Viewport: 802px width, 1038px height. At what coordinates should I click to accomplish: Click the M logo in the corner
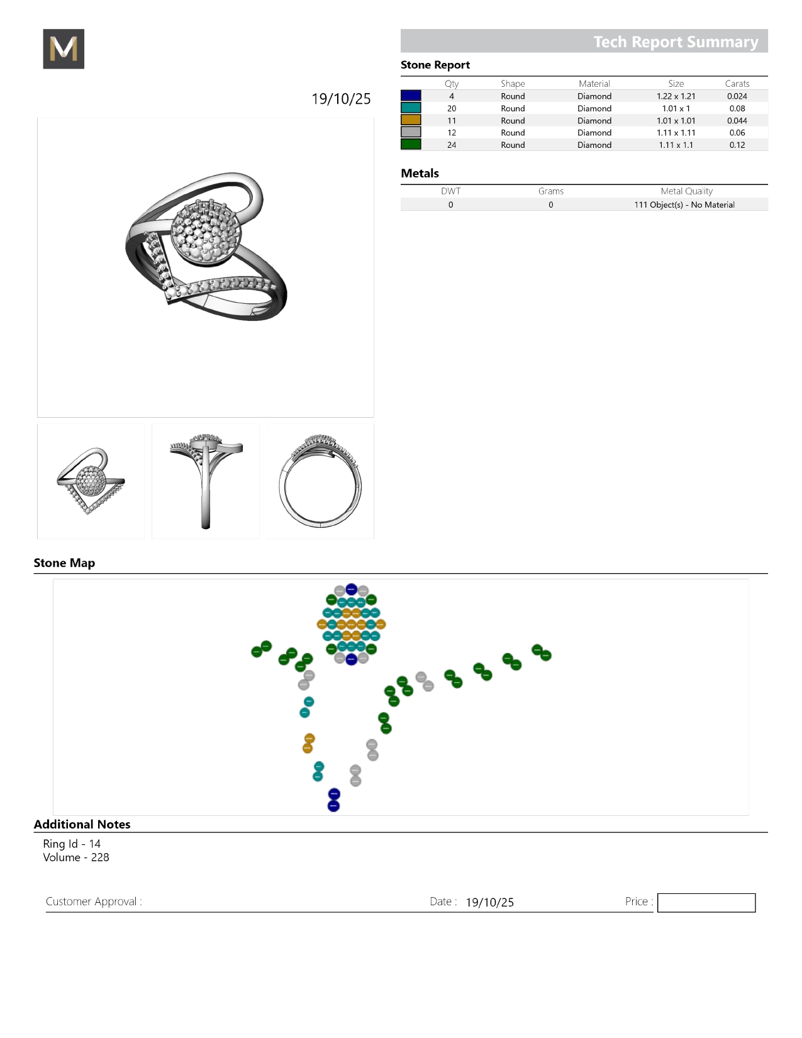pyautogui.click(x=64, y=49)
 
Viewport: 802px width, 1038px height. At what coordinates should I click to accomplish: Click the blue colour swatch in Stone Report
pyautogui.click(x=411, y=96)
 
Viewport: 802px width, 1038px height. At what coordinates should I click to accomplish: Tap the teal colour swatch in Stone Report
pyautogui.click(x=411, y=108)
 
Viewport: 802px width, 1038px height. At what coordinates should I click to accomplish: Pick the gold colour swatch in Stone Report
pyautogui.click(x=411, y=120)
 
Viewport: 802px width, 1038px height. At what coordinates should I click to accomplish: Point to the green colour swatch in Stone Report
pyautogui.click(x=411, y=144)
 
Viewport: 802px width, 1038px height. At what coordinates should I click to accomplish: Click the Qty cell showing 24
pyautogui.click(x=451, y=145)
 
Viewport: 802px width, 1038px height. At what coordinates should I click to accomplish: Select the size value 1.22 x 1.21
pyautogui.click(x=676, y=96)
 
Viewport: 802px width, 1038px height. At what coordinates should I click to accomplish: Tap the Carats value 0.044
pyautogui.click(x=737, y=121)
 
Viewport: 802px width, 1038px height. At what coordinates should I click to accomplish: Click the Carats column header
pyautogui.click(x=737, y=84)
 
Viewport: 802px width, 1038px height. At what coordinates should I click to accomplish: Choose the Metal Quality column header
pyautogui.click(x=686, y=191)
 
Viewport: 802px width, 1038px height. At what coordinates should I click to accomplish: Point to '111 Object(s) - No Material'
pyautogui.click(x=684, y=204)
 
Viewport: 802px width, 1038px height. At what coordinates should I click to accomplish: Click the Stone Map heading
pyautogui.click(x=64, y=563)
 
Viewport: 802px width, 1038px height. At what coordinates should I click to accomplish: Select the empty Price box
pyautogui.click(x=706, y=903)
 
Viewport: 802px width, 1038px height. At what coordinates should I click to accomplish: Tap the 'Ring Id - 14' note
pyautogui.click(x=72, y=844)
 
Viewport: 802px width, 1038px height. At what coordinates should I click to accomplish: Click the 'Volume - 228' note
pyautogui.click(x=76, y=857)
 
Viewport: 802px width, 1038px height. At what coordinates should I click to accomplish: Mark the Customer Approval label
pyautogui.click(x=94, y=901)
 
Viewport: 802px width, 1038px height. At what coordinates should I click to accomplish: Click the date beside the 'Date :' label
pyautogui.click(x=489, y=902)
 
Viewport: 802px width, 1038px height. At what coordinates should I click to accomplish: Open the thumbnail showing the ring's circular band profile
pyautogui.click(x=320, y=481)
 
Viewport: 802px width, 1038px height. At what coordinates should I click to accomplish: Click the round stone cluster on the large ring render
pyautogui.click(x=206, y=231)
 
